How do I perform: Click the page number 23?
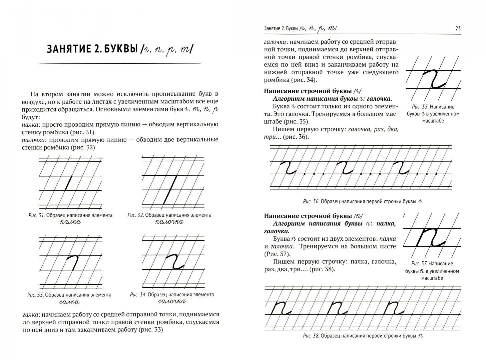(458, 29)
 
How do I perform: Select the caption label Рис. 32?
(136, 215)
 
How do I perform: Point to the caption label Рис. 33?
(35, 295)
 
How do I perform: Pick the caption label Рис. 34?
(138, 295)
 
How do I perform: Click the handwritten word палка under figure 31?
(70, 222)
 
